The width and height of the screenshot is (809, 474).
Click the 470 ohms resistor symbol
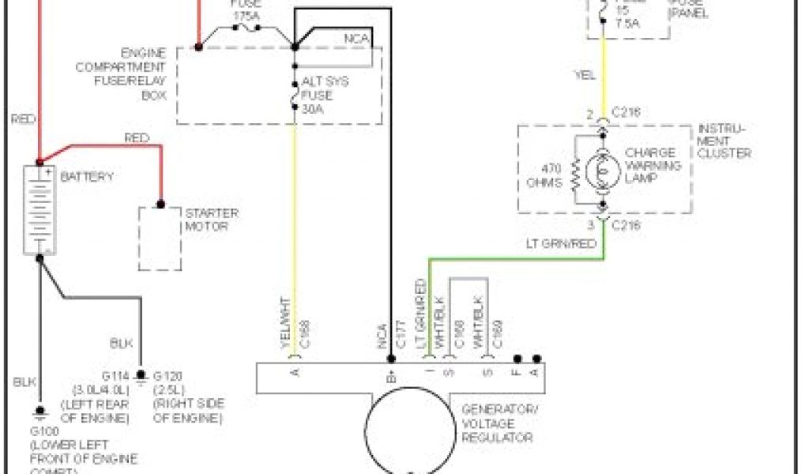(x=575, y=171)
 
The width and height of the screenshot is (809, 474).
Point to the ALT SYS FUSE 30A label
(x=324, y=95)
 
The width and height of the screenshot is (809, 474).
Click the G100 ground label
(x=44, y=433)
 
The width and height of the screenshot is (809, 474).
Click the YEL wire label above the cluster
(x=585, y=76)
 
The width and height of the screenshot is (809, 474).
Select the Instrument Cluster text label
(x=722, y=141)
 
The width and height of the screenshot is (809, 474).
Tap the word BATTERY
(x=87, y=176)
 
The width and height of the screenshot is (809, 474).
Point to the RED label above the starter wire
(x=137, y=138)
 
